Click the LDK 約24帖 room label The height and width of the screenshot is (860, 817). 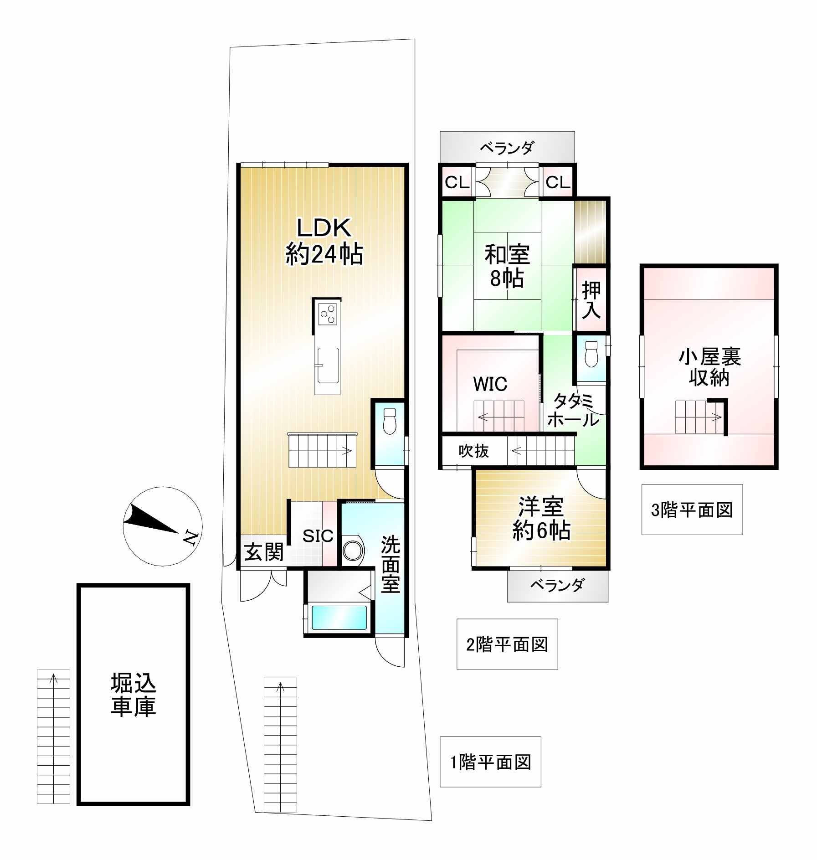coord(324,241)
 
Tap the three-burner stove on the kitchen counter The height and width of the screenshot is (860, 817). coord(328,313)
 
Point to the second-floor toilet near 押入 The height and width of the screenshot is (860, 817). coord(591,354)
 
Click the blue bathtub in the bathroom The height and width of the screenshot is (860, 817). coord(339,617)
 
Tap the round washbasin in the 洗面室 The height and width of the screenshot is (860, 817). coord(353,551)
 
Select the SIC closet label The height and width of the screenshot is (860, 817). coord(318,536)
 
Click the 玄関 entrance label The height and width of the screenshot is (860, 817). coord(264,552)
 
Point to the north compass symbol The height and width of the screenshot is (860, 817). coord(163,526)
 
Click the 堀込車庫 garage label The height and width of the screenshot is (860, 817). coord(134,695)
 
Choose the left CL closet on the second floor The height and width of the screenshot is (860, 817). coord(457,182)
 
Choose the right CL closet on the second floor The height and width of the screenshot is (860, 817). coord(558,182)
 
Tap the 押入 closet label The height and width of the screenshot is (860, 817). coord(591,300)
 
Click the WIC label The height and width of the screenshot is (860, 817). coord(490,384)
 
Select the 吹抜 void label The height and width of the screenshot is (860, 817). coord(473,451)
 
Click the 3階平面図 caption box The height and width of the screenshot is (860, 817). coord(692,510)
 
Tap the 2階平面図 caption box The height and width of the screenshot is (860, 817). coord(507,644)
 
